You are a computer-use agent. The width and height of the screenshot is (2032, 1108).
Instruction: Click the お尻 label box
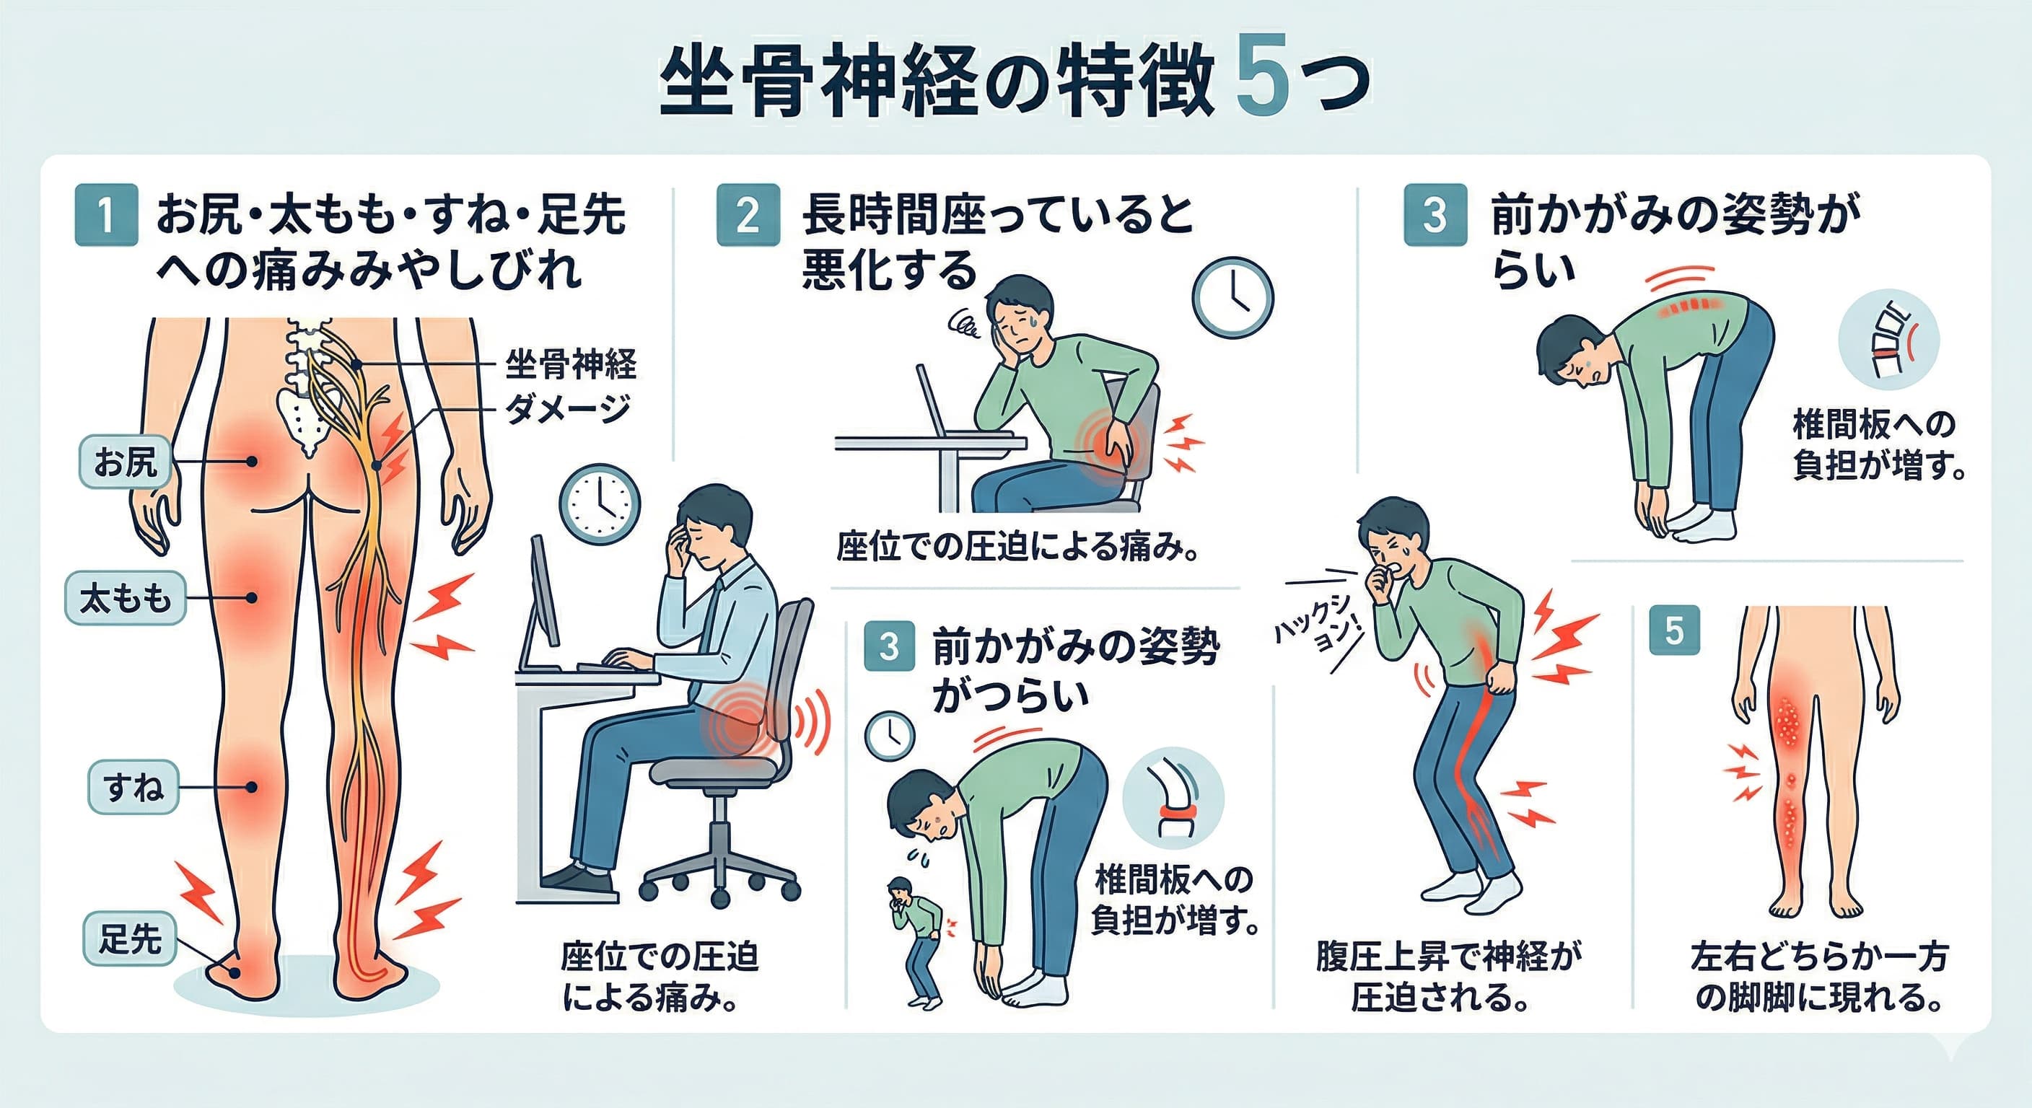click(126, 462)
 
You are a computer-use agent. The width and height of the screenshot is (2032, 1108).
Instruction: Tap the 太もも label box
click(126, 599)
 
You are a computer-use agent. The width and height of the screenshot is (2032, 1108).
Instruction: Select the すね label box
click(133, 787)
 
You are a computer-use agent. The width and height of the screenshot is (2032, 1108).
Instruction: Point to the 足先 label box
click(129, 938)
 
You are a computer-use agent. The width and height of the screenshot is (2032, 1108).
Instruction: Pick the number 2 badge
click(748, 215)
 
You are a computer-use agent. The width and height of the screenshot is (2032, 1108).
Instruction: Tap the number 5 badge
click(1674, 631)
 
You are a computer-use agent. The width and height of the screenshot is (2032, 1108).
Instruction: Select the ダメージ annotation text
click(568, 408)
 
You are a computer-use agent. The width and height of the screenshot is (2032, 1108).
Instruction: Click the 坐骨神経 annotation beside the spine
click(570, 364)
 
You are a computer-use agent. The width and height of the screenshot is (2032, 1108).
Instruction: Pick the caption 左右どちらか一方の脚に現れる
click(1819, 976)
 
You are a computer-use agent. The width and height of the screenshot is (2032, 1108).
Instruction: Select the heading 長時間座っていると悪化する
click(997, 242)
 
